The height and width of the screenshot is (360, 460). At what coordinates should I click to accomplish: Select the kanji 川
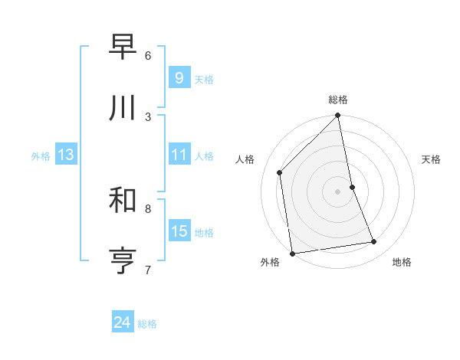(123, 108)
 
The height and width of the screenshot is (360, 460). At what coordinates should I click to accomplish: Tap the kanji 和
(123, 200)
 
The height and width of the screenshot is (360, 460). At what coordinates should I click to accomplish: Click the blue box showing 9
(179, 77)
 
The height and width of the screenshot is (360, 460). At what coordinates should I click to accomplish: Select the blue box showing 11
(179, 155)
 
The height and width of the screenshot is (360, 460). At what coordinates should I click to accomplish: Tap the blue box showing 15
(179, 231)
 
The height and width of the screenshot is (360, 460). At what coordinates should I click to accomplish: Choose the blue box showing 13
(65, 155)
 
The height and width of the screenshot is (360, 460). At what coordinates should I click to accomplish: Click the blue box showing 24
(122, 322)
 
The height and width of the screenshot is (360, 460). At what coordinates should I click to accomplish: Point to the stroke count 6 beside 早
(148, 55)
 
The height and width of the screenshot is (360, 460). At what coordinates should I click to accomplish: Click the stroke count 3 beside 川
(148, 116)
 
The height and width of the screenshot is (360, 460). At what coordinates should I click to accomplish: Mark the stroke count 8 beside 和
(148, 208)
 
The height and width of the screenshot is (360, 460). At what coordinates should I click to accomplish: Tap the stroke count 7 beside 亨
(148, 270)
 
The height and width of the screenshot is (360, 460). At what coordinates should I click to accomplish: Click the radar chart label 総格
(338, 100)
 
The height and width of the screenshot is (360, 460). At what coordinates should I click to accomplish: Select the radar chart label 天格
(431, 159)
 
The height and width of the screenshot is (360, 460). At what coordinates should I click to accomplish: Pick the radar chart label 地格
(402, 262)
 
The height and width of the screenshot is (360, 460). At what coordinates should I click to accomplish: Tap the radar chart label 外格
(270, 262)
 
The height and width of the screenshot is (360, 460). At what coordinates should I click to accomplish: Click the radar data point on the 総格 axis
(338, 116)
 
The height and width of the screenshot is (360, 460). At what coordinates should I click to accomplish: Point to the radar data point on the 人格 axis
(280, 172)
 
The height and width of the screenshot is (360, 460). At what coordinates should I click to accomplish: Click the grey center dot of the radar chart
(338, 191)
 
